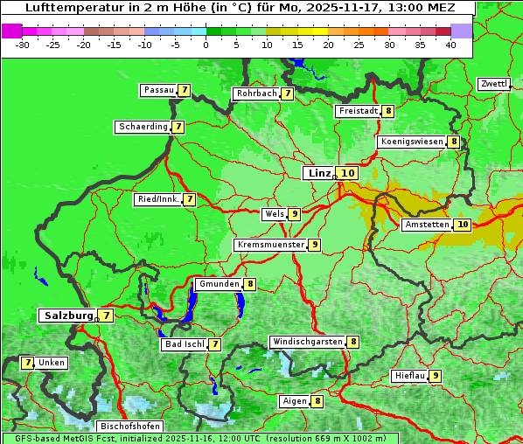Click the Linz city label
(318, 173)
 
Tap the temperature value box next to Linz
(348, 173)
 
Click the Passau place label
(158, 90)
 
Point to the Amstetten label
(427, 225)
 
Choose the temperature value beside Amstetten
(463, 225)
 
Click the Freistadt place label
(358, 111)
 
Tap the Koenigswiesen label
(412, 142)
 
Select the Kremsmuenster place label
(270, 245)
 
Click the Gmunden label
(218, 284)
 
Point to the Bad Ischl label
(185, 344)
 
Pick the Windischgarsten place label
(307, 342)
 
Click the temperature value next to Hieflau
(435, 376)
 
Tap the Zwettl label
(493, 84)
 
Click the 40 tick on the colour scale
(450, 45)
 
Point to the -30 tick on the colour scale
(23, 45)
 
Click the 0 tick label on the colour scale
(206, 45)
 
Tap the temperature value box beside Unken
(28, 363)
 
